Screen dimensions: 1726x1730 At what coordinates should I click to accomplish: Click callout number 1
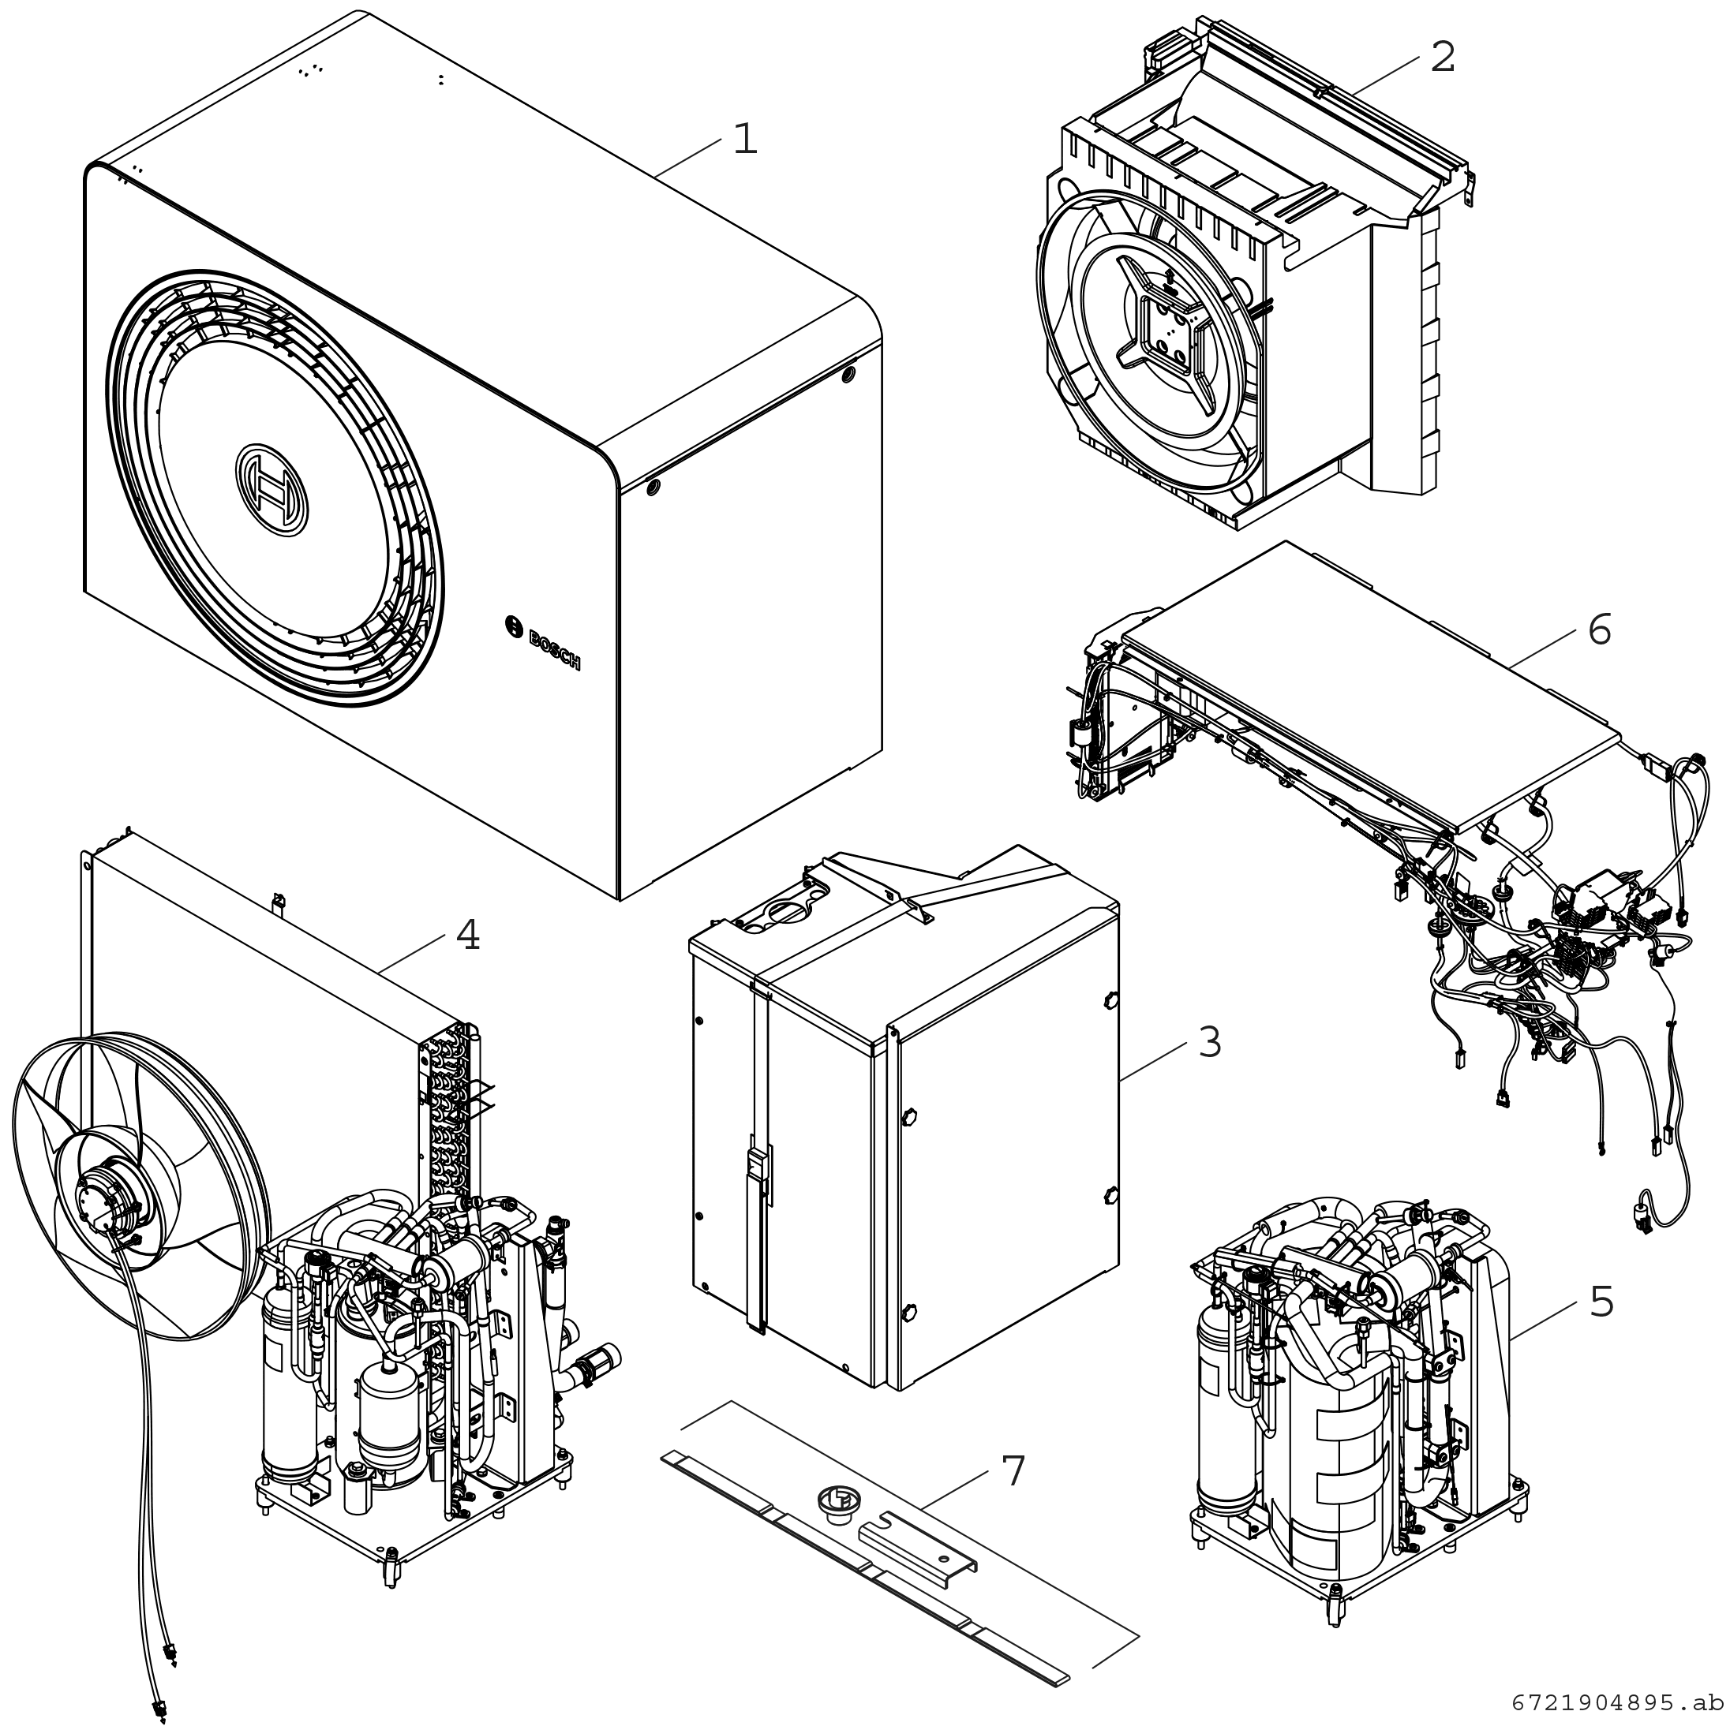click(x=745, y=140)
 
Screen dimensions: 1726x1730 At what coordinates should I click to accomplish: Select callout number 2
click(x=1443, y=58)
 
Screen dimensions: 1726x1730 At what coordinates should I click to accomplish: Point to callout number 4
click(x=467, y=936)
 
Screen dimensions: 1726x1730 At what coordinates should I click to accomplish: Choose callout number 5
click(x=1601, y=1302)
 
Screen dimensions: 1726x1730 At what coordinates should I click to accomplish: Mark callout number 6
click(x=1599, y=630)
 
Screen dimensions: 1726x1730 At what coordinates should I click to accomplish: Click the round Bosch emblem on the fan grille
click(x=272, y=490)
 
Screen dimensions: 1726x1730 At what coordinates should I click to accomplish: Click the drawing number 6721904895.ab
click(x=1616, y=1701)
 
